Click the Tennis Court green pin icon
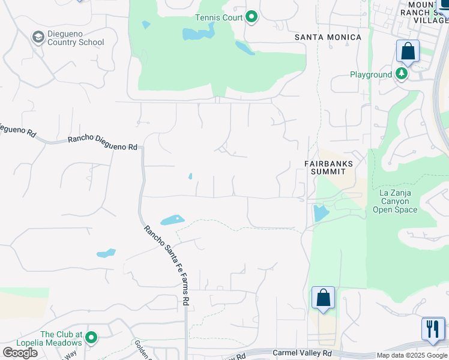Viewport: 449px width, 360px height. click(252, 17)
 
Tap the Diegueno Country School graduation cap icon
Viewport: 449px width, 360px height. click(38, 37)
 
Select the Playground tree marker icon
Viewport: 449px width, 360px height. click(401, 74)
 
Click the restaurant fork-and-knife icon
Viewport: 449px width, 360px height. click(433, 329)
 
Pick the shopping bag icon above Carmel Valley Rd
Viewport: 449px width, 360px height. click(323, 298)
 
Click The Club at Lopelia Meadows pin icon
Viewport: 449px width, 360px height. click(91, 338)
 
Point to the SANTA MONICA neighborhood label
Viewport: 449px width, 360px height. click(328, 37)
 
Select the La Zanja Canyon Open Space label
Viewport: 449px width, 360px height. click(394, 201)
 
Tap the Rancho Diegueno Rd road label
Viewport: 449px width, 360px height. click(103, 143)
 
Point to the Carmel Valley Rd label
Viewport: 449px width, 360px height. click(302, 353)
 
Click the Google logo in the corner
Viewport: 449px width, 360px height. click(20, 353)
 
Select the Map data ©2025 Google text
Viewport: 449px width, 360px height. click(412, 355)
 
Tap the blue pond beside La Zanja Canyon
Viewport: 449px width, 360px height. click(321, 212)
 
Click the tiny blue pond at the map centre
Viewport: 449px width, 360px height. click(190, 176)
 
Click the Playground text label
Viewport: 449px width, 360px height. click(371, 75)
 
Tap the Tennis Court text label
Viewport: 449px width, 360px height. click(218, 17)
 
